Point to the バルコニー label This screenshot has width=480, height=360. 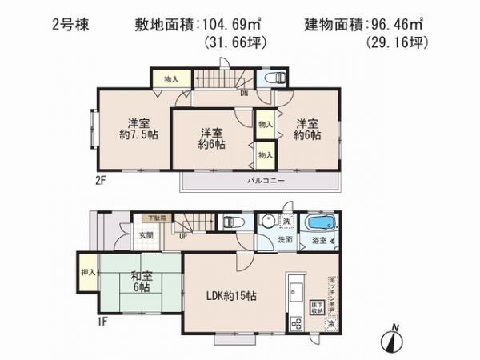[x=259, y=182]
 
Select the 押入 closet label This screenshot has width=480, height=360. [x=88, y=271]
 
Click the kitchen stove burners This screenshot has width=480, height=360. [x=297, y=323]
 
